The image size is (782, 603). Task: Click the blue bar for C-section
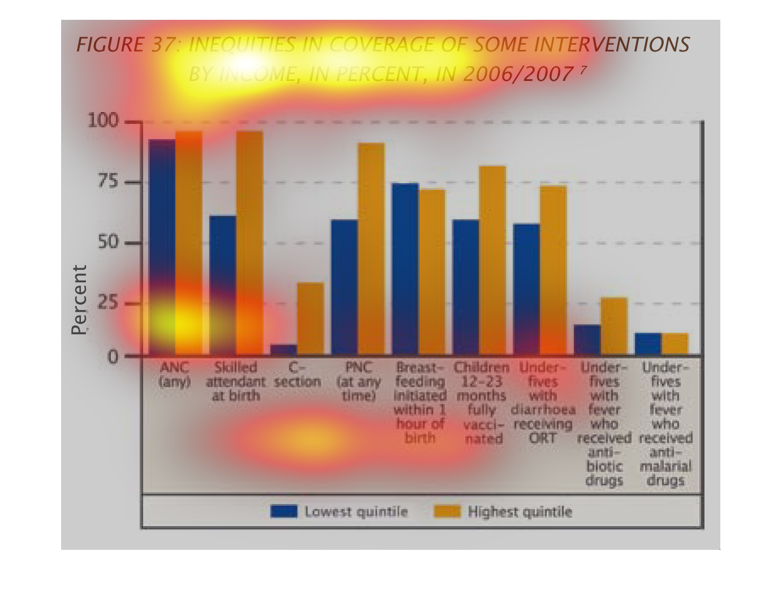(283, 350)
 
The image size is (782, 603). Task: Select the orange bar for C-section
(310, 318)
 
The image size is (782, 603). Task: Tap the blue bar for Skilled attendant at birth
(222, 285)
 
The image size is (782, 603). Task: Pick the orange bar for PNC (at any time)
(371, 249)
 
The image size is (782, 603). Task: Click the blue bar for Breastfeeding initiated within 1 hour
(405, 269)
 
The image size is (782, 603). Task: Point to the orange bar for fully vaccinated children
(492, 260)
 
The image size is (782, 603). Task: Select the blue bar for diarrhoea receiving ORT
(526, 289)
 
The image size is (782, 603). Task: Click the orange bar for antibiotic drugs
(614, 326)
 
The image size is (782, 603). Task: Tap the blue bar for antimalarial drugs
(648, 344)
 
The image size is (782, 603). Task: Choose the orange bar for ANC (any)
(189, 243)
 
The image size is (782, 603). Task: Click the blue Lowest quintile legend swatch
(283, 511)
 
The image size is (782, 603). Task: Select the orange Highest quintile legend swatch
(447, 511)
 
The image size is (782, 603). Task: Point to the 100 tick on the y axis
(102, 121)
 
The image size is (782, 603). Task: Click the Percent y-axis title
(80, 300)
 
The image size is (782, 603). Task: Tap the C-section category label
(297, 375)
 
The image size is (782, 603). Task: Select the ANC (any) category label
(174, 375)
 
